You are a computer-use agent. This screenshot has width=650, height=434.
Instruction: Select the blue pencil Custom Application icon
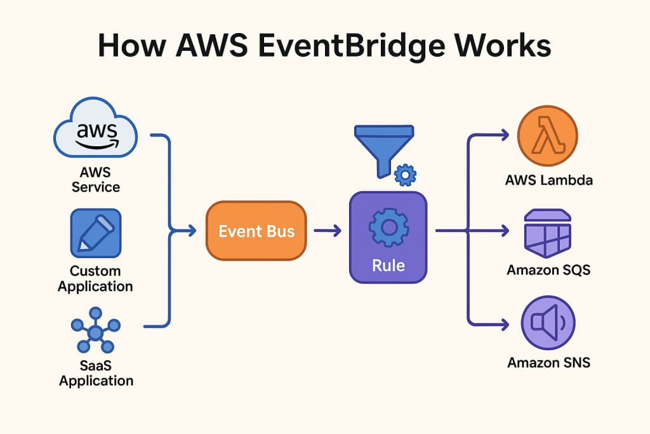95,233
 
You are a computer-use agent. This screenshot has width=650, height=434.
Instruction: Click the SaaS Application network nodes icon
95,331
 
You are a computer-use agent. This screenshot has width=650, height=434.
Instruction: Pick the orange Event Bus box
256,231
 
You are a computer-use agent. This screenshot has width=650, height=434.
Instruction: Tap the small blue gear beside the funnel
405,175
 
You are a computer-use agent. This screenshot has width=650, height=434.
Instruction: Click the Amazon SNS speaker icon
547,324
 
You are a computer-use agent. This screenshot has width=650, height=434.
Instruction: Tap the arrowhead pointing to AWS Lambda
505,135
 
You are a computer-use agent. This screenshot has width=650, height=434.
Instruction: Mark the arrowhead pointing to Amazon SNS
505,324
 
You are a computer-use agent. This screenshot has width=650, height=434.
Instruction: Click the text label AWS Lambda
548,180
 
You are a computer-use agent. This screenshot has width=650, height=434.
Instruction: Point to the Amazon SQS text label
548,270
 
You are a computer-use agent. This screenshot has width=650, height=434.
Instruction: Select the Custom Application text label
95,278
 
